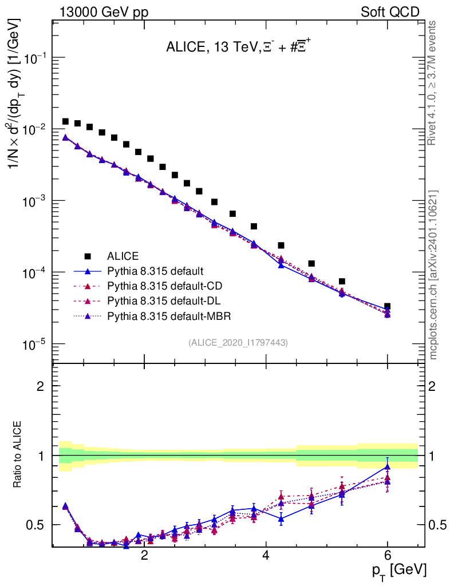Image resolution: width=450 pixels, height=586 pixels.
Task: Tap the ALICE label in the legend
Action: point(122,256)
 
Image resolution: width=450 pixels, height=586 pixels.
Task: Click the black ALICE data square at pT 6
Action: point(388,307)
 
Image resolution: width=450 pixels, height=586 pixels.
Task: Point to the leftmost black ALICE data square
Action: point(65,121)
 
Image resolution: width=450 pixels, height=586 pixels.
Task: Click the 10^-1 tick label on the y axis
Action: point(32,59)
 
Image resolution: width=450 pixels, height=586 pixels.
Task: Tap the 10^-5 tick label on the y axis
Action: point(32,345)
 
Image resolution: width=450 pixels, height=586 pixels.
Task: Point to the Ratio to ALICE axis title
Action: point(18,455)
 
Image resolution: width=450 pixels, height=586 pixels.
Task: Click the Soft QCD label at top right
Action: point(390,12)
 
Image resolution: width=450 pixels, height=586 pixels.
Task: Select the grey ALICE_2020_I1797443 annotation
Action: point(238,342)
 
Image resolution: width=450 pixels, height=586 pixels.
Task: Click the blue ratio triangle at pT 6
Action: point(388,467)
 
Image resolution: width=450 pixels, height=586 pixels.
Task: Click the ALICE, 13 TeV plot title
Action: point(239,48)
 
